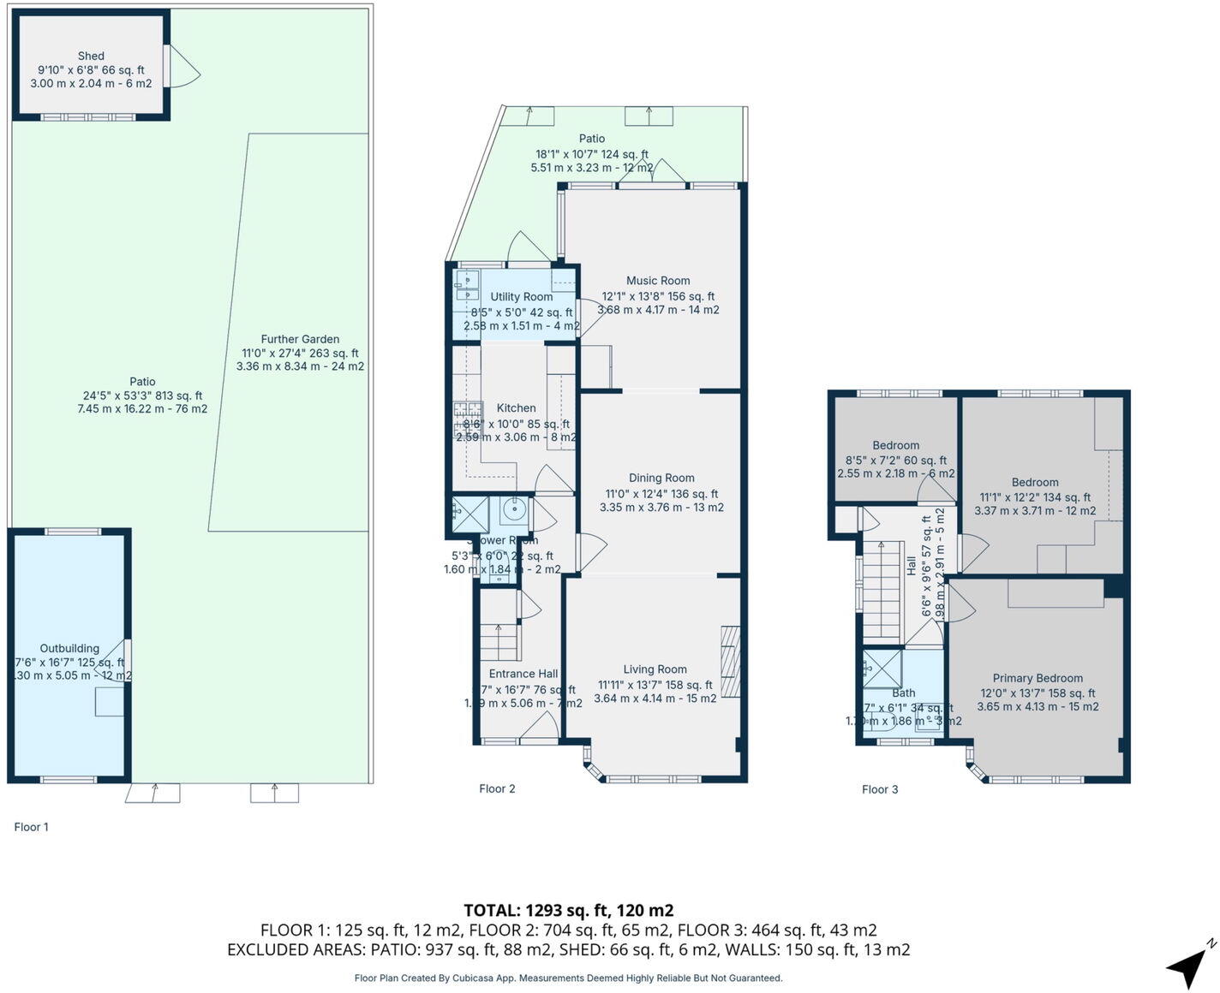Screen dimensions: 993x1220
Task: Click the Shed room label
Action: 91,56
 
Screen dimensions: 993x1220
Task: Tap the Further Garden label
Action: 300,339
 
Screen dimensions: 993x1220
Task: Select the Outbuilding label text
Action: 69,648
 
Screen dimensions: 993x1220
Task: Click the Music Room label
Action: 657,281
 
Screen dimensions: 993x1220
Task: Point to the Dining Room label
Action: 661,479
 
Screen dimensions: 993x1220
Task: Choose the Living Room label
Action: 655,669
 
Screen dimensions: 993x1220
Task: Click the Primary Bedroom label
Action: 1038,678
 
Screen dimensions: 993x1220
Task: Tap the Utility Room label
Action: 521,297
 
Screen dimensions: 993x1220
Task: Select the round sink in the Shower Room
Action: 514,511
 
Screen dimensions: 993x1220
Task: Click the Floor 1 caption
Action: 32,827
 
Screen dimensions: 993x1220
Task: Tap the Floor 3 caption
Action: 880,789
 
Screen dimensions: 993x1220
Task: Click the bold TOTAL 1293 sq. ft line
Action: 568,910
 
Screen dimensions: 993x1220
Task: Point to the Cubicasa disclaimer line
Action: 568,978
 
